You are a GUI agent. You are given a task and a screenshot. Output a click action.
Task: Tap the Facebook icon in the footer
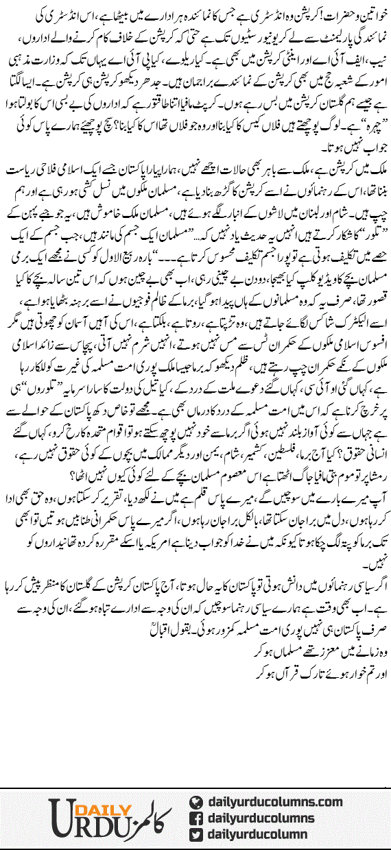click(x=196, y=818)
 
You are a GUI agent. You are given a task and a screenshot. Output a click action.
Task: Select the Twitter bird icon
click(x=196, y=834)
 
